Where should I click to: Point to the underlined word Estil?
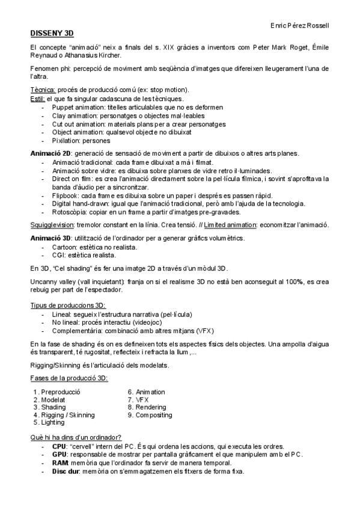[37, 98]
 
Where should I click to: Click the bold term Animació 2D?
[51, 153]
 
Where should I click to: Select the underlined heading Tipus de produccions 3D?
[67, 306]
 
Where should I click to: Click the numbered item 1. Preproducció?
[57, 392]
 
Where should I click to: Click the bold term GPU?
[59, 455]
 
